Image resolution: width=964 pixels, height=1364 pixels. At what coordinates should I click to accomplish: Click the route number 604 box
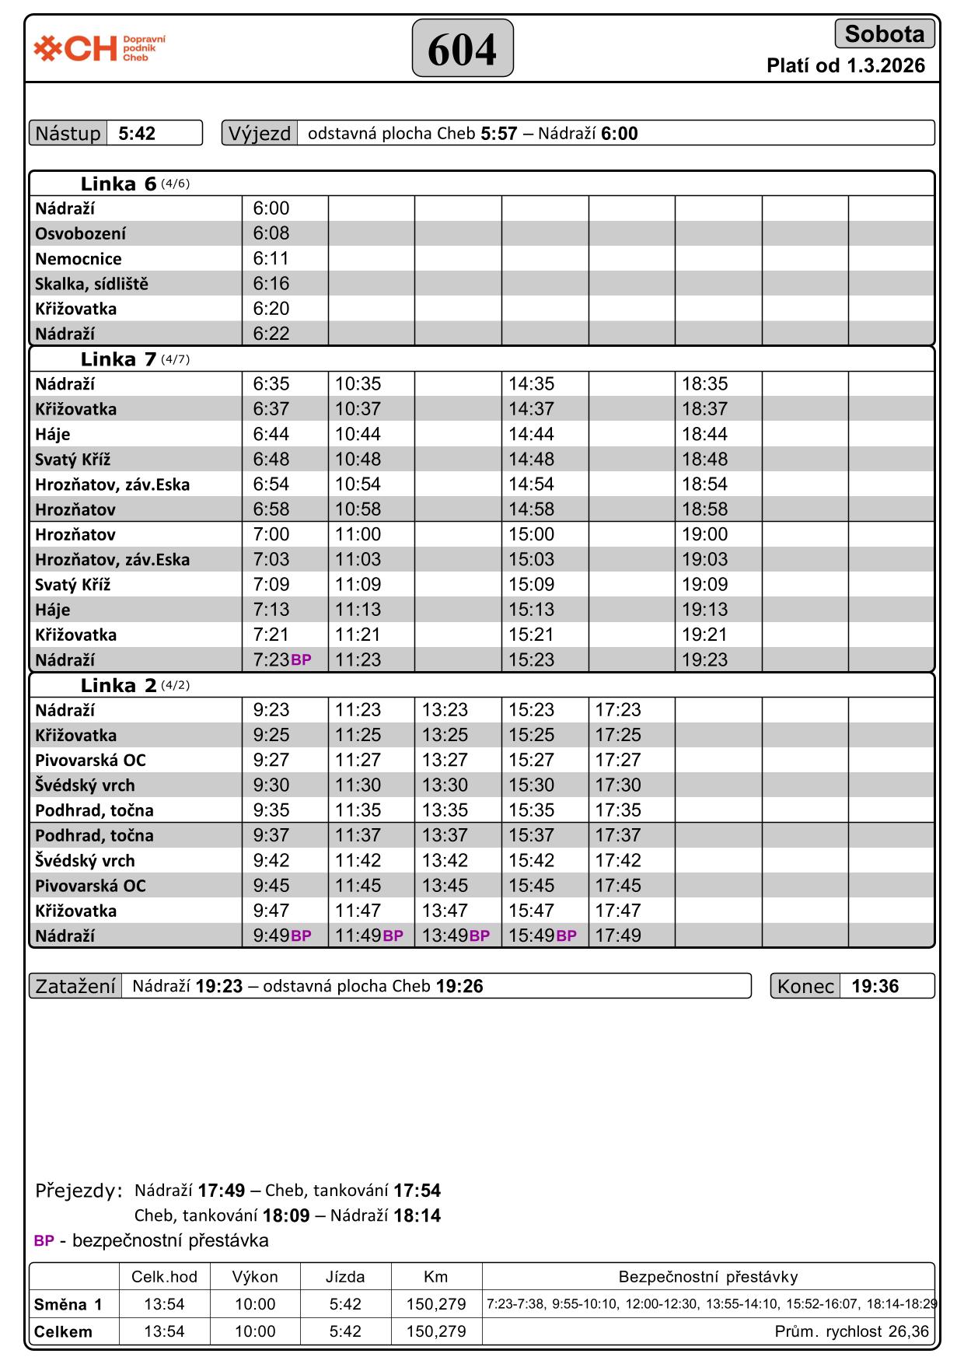tap(462, 49)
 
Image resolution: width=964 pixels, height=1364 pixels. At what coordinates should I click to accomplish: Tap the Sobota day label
tap(884, 34)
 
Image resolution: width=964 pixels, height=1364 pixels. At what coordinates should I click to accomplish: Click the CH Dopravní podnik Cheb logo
tap(100, 48)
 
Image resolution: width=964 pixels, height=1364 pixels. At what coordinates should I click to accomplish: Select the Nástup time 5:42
tap(137, 134)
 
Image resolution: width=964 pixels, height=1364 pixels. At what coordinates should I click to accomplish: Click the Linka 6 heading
tap(118, 184)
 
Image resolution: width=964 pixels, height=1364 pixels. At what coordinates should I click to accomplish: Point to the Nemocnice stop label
tap(79, 259)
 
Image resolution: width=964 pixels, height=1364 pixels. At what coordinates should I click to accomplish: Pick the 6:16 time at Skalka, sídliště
tap(271, 284)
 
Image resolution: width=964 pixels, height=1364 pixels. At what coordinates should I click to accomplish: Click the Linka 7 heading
tap(118, 359)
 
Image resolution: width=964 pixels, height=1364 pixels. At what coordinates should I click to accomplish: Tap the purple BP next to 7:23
tap(301, 660)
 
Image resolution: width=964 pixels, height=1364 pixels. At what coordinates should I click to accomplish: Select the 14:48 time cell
tap(531, 460)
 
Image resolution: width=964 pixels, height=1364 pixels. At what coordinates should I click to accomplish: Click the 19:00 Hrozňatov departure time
tap(704, 535)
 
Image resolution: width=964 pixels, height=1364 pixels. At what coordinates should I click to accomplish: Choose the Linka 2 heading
tap(118, 686)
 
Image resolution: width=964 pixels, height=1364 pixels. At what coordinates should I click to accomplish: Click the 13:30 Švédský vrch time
tap(445, 785)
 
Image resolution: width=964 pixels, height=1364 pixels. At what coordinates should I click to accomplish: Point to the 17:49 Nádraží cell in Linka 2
tap(618, 936)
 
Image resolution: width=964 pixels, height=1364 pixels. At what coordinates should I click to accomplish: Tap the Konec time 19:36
tap(875, 987)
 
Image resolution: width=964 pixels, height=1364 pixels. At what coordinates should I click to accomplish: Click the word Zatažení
tap(75, 987)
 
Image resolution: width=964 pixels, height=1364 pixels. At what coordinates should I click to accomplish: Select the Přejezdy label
tap(79, 1191)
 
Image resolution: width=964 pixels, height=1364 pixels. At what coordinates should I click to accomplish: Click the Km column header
tap(435, 1276)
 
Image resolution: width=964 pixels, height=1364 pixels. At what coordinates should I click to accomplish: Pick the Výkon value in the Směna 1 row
tap(255, 1304)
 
